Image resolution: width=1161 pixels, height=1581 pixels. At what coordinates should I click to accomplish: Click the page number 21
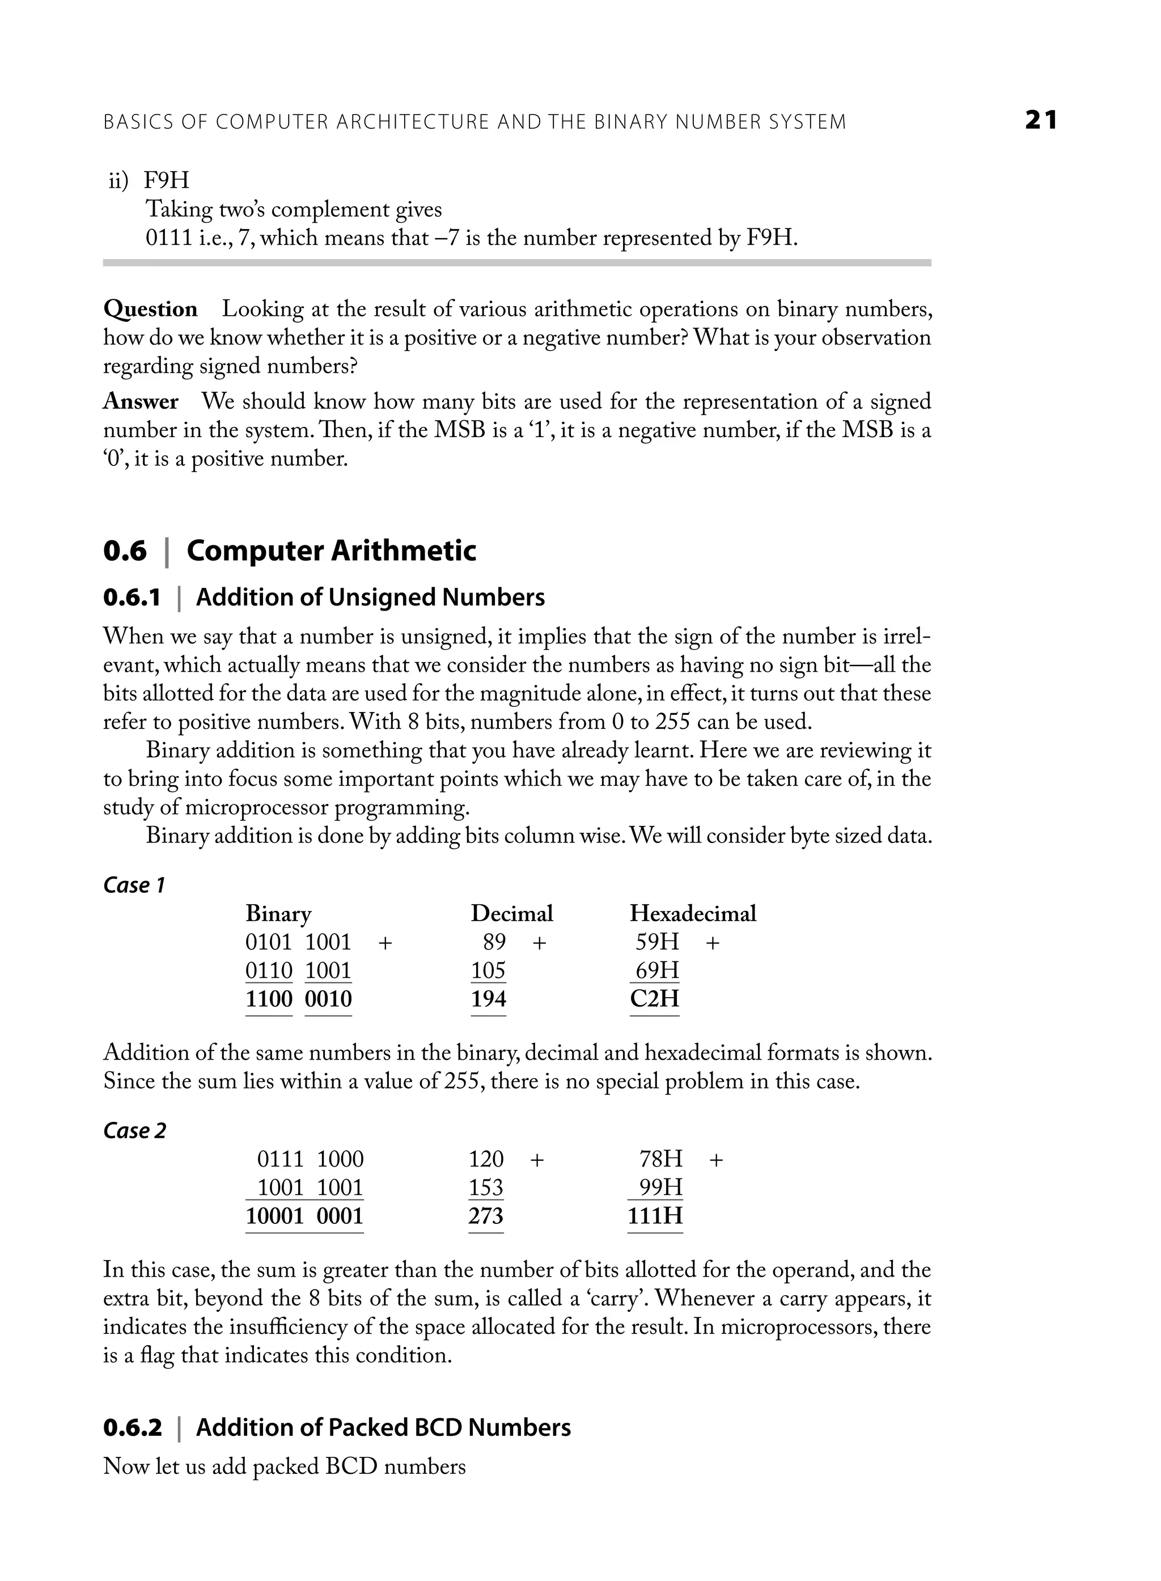pos(1041,120)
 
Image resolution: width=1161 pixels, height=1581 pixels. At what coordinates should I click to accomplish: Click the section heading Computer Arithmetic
pos(331,551)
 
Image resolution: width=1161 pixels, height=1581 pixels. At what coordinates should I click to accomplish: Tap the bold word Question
pos(150,309)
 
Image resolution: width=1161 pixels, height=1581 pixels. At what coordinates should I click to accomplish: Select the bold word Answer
pos(141,401)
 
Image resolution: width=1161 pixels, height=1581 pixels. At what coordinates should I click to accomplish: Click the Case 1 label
pos(134,885)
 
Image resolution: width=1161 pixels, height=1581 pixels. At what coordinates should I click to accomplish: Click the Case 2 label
pos(135,1130)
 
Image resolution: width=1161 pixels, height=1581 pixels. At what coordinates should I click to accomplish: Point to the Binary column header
pos(278,913)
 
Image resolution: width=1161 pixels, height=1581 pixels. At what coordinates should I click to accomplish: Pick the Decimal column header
pos(512,913)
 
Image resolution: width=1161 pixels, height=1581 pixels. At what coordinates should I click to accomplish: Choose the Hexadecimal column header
pos(693,913)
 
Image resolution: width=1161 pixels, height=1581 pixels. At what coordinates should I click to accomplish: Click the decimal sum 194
pos(489,998)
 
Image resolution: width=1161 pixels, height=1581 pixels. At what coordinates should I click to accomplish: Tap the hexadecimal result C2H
pos(654,998)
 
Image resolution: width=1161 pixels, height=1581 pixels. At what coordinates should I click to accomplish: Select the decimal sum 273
pos(486,1215)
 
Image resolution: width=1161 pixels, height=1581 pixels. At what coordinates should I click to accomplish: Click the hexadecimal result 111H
pos(655,1215)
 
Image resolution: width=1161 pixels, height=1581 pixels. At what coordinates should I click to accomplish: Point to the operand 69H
pos(657,970)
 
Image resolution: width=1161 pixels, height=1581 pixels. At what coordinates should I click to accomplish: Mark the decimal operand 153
pos(486,1188)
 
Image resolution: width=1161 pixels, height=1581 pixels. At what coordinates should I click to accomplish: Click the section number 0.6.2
pos(132,1428)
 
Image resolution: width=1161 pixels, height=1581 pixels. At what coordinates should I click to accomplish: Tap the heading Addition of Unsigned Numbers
pos(370,597)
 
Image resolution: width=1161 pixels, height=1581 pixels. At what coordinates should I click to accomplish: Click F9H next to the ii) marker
pos(167,181)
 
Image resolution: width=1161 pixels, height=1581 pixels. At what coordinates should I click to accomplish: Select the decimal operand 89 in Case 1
pos(494,942)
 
